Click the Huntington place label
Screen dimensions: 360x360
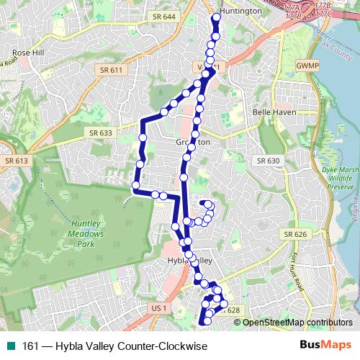[x=240, y=11]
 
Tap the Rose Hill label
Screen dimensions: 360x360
[x=29, y=53]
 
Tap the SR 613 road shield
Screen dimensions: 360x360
[x=14, y=161]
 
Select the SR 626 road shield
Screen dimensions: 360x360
[x=295, y=234]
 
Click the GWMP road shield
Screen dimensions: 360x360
[x=307, y=66]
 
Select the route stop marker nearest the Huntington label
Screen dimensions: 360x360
[x=217, y=17]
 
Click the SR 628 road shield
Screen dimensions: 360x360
[x=230, y=310]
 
